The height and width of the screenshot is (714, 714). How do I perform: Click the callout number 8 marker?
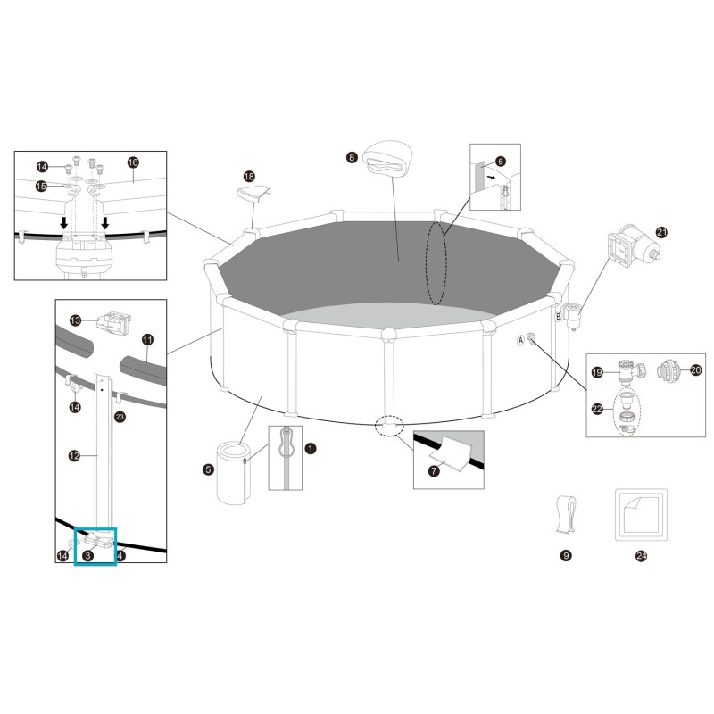point(352,157)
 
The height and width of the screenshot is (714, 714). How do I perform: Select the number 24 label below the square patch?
point(641,555)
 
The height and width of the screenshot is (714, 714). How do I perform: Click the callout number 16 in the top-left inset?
point(133,162)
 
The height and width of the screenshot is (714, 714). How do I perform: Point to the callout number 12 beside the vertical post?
point(75,455)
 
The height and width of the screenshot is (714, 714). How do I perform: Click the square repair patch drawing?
point(641,513)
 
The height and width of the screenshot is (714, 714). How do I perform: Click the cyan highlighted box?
point(101,545)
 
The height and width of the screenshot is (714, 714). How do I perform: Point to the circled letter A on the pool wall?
point(519,340)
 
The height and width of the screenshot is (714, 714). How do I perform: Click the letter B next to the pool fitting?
point(559,316)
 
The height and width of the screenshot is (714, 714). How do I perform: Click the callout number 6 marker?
point(500,162)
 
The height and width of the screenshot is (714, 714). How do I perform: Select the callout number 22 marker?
point(597,409)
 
